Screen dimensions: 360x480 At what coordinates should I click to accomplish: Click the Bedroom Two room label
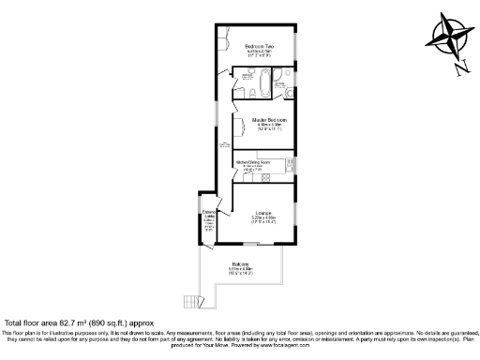pos(259,46)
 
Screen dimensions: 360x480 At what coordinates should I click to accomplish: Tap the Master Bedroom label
pos(269,120)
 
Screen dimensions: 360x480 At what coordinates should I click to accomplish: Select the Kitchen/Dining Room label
pos(253,162)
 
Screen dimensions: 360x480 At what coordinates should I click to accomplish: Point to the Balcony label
pos(241,264)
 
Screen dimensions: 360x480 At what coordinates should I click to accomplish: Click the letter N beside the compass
pos(462,67)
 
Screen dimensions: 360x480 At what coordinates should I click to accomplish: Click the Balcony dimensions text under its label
pos(241,271)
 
